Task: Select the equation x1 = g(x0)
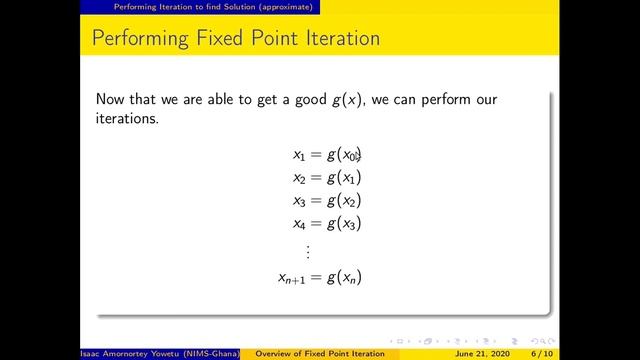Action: pyautogui.click(x=326, y=154)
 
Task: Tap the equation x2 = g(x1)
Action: pyautogui.click(x=326, y=177)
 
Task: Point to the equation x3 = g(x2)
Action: pyautogui.click(x=326, y=200)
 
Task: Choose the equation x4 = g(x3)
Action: pyautogui.click(x=326, y=223)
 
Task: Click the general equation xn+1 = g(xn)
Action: pyautogui.click(x=319, y=276)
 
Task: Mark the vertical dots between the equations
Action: pyautogui.click(x=308, y=250)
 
